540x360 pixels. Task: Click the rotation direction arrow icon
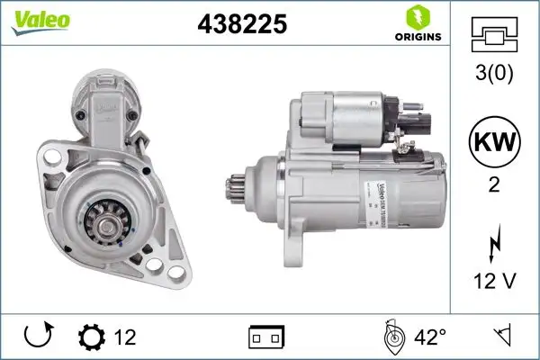[x=37, y=337]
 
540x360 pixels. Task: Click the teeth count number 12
[x=125, y=337]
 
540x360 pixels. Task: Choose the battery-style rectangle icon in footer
[x=266, y=337]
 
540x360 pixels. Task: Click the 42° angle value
[x=429, y=337]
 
